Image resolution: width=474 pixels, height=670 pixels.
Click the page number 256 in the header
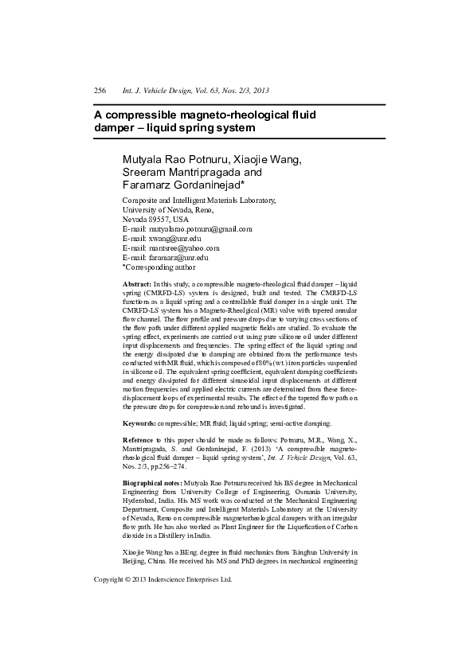pyautogui.click(x=100, y=92)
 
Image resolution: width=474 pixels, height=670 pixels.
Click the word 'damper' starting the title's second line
pyautogui.click(x=115, y=128)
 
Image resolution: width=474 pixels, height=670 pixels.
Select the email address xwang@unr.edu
pyautogui.click(x=174, y=238)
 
